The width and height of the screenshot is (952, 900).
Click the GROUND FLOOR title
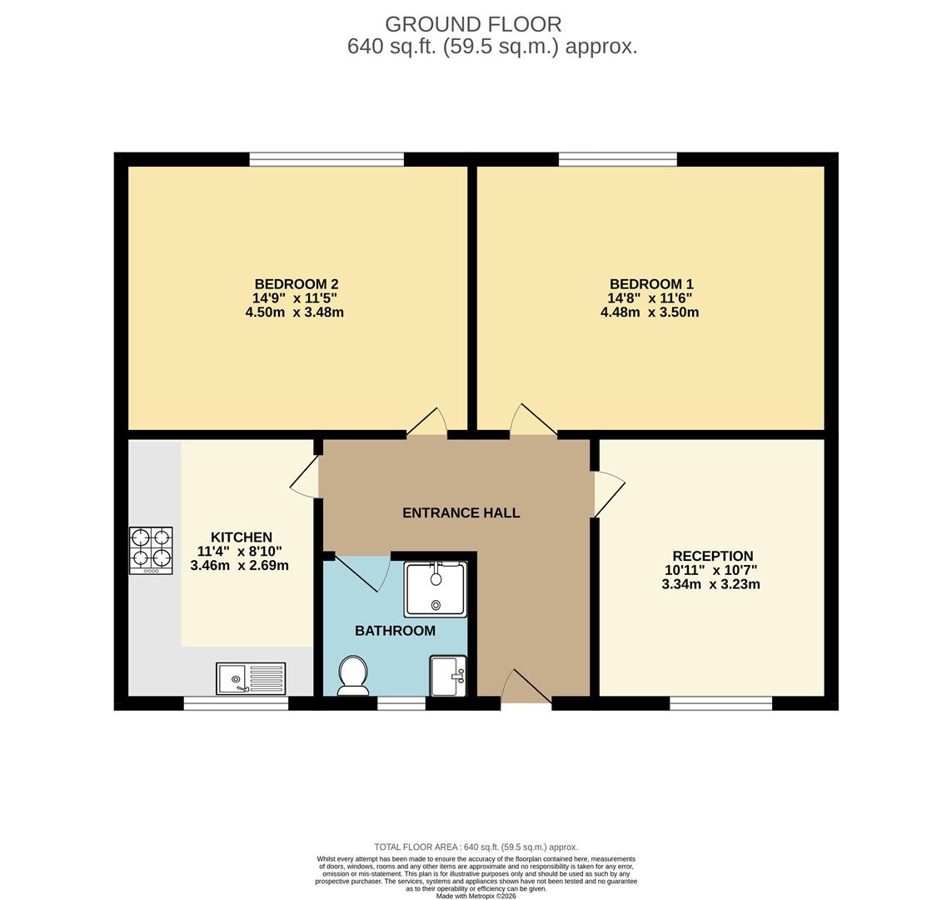point(473,24)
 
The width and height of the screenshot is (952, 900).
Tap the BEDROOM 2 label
point(297,283)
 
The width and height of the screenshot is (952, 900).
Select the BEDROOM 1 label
point(651,283)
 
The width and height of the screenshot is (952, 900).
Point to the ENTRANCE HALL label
point(461,512)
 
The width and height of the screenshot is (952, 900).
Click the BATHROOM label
point(396,630)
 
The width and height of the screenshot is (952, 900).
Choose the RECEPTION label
point(713,556)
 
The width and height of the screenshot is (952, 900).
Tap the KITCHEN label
point(242,537)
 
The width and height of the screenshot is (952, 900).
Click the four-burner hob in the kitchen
point(151,550)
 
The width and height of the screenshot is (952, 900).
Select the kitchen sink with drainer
point(251,678)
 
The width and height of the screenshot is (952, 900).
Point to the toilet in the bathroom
point(353,675)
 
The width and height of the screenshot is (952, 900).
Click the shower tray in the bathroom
point(436,589)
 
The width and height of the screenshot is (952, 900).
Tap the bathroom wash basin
point(448,675)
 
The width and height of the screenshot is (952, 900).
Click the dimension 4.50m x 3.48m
point(295,312)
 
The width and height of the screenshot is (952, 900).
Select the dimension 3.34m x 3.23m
point(711,584)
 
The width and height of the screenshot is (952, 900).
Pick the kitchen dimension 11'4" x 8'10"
point(240,552)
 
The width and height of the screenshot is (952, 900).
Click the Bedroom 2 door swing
point(426,422)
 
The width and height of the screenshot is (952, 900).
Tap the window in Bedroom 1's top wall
point(617,159)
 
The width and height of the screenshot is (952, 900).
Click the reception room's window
point(720,703)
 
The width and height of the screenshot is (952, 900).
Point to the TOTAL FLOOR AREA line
point(476,847)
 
